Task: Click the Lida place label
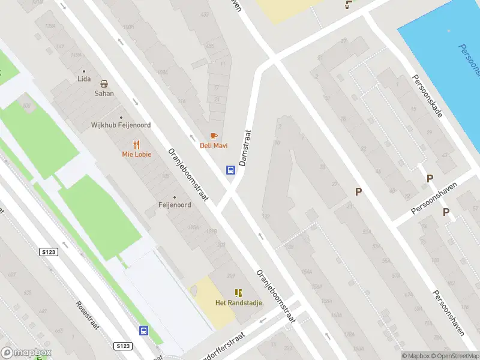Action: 84,79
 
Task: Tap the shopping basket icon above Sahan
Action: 104,84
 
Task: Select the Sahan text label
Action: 104,94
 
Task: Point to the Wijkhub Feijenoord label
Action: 121,125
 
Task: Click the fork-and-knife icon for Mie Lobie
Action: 137,144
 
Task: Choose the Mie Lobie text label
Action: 137,154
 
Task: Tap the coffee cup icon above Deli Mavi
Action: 214,136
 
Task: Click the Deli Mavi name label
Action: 214,146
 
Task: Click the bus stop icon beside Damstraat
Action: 230,170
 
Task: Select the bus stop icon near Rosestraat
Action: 144,331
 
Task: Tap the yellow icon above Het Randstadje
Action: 239,293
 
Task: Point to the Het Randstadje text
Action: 239,303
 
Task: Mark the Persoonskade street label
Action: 427,95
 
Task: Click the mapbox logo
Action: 26,353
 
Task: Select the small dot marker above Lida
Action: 84,71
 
